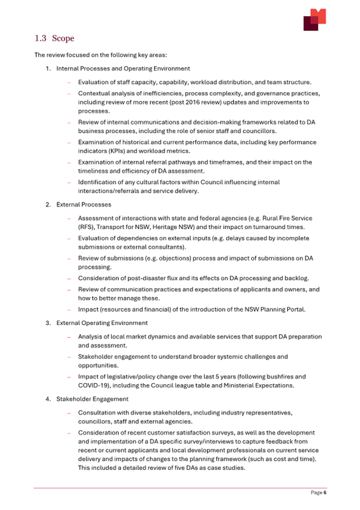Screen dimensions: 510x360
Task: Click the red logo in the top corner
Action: click(x=314, y=20)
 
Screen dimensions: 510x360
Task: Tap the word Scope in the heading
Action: click(x=63, y=38)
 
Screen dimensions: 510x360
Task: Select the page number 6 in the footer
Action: click(x=324, y=493)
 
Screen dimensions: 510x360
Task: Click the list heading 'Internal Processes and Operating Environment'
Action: click(x=123, y=69)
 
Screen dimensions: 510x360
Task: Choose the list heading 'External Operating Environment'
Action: click(x=102, y=323)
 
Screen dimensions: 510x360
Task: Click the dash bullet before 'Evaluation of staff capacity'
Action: click(x=69, y=83)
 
